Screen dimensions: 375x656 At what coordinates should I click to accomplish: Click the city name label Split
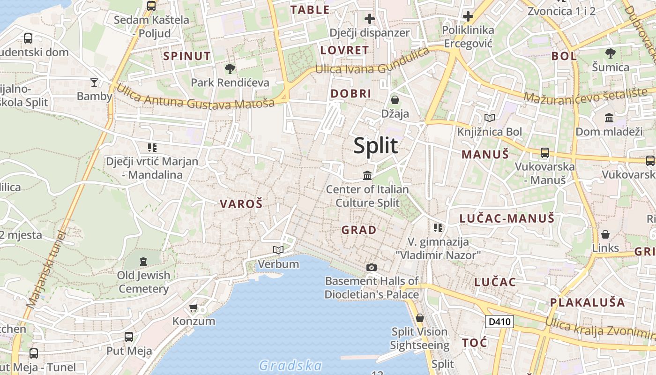376,146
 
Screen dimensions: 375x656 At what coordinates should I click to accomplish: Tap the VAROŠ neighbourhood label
241,204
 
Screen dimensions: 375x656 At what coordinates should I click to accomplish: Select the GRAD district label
359,230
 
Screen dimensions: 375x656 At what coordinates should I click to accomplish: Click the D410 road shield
499,322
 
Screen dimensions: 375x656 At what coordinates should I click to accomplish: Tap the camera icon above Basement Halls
372,268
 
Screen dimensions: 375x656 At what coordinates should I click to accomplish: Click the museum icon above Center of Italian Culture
367,176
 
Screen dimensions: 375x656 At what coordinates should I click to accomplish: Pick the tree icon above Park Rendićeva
230,69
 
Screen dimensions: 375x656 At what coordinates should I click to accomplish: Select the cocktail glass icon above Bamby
94,82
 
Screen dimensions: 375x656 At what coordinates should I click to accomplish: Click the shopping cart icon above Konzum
193,307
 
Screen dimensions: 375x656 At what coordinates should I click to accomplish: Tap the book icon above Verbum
278,250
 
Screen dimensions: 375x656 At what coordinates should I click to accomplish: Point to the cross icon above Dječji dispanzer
370,19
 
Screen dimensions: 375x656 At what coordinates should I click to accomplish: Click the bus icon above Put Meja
129,337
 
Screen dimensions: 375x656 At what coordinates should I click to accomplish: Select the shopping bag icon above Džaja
395,100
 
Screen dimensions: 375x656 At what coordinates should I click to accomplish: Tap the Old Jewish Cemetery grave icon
143,261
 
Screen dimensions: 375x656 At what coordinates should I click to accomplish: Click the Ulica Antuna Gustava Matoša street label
195,97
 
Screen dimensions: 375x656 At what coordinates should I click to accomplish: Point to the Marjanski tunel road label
45,270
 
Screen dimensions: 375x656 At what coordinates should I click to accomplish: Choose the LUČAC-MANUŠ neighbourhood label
507,218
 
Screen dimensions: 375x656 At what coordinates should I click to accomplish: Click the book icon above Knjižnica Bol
490,118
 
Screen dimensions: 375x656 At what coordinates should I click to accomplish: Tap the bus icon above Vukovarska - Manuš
544,152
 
